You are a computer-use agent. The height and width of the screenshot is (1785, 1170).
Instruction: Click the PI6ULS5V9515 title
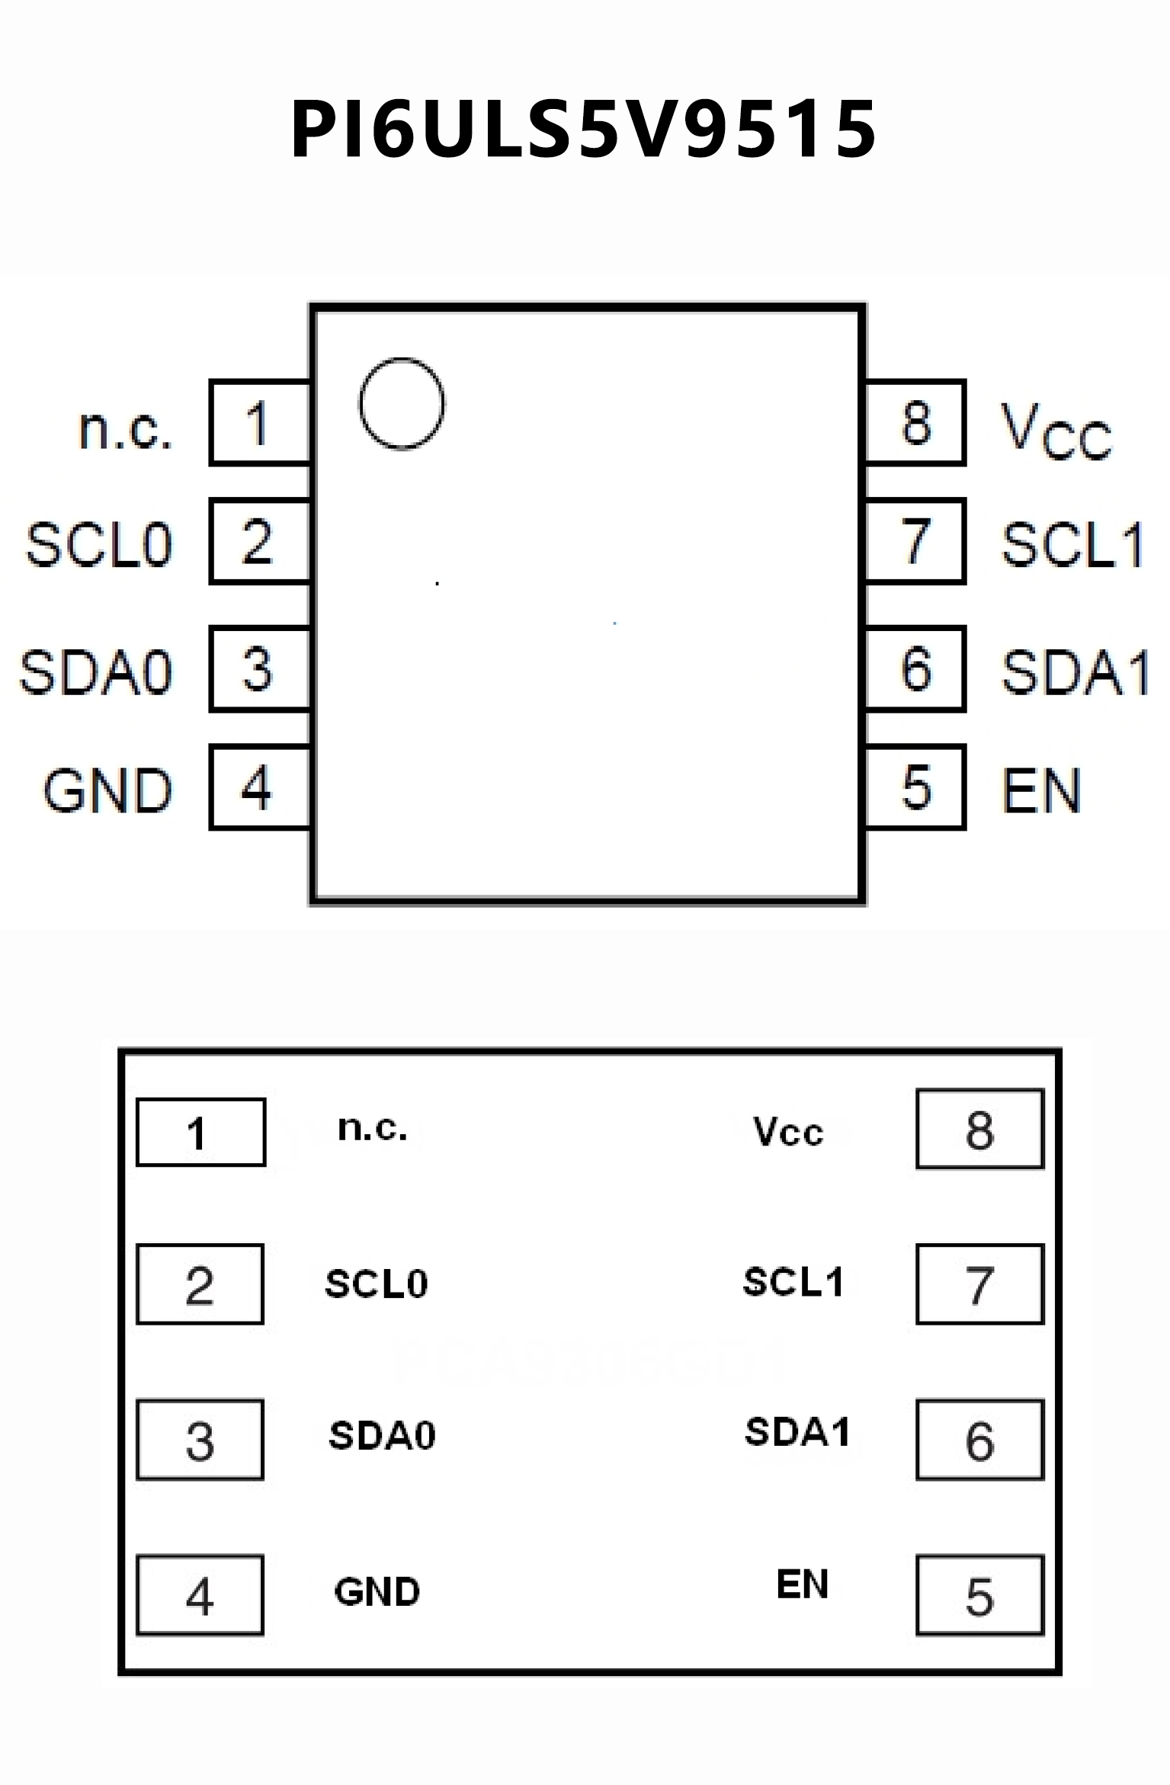point(584,130)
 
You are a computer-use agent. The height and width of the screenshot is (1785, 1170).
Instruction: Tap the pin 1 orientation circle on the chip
point(402,403)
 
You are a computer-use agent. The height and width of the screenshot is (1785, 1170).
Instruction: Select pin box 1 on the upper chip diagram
point(259,422)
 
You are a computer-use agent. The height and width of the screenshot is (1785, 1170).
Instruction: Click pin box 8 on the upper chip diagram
point(915,422)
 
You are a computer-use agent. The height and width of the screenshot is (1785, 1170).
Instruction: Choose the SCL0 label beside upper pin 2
point(99,544)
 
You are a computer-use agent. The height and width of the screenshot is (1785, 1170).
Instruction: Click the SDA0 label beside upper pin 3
point(96,672)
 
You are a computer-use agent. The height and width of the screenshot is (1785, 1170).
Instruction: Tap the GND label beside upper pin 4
point(107,790)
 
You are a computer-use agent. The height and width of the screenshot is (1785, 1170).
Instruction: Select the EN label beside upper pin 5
point(1040,790)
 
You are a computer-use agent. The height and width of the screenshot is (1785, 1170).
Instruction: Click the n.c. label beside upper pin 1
point(126,428)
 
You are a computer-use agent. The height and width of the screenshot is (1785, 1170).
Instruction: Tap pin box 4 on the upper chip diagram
point(259,787)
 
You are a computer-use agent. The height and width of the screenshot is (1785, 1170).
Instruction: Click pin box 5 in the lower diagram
point(979,1596)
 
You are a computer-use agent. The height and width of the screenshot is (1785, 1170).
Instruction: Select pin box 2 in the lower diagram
point(200,1285)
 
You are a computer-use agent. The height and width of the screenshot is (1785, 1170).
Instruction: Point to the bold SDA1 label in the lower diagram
point(797,1431)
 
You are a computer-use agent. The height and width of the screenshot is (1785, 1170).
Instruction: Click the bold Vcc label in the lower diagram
point(788,1132)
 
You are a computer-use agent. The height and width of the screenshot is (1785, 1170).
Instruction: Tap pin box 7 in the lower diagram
point(979,1285)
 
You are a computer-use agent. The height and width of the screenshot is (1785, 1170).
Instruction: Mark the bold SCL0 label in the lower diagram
point(377,1283)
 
